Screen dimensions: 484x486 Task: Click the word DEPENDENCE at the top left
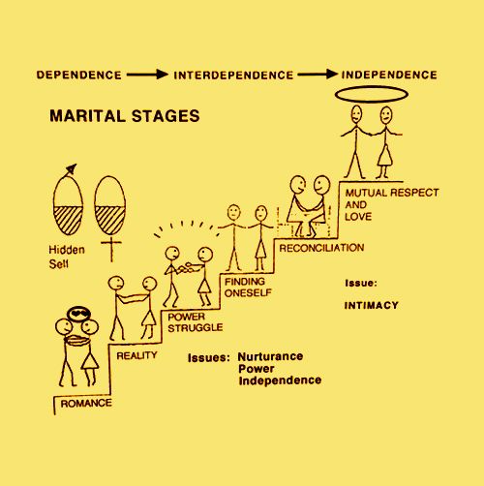coord(79,75)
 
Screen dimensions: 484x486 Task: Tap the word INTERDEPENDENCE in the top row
coord(233,76)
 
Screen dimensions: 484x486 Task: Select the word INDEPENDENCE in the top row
coord(389,75)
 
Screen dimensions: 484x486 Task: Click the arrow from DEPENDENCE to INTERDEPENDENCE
coord(147,75)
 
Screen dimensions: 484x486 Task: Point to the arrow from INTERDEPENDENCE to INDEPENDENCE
coord(318,75)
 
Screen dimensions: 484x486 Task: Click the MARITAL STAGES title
coord(125,116)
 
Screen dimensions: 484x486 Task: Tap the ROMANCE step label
coord(86,403)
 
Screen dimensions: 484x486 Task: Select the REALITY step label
coord(136,355)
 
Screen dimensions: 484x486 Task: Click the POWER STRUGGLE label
coord(195,322)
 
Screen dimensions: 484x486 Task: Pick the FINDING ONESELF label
coord(248,288)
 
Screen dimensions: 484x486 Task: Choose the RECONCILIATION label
coord(321,248)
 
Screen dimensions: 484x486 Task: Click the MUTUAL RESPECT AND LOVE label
coord(392,204)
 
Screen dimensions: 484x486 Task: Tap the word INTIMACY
coord(371,305)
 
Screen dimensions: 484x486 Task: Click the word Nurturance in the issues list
coord(270,356)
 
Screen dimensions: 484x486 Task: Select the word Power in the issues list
coord(257,369)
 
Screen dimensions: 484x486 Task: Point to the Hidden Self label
coord(67,257)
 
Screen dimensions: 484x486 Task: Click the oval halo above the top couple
coord(372,87)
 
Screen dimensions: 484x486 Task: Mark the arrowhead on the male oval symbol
coord(72,168)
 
